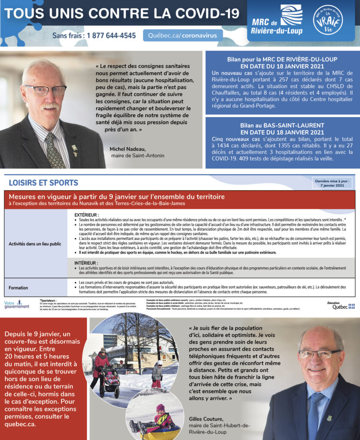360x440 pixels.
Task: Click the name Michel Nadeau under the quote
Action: click(x=128, y=149)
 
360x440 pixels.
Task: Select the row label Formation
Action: click(x=18, y=287)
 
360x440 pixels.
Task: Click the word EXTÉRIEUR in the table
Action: click(x=87, y=214)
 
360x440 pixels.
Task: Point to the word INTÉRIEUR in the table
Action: click(x=86, y=263)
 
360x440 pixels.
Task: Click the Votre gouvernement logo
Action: click(x=16, y=305)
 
